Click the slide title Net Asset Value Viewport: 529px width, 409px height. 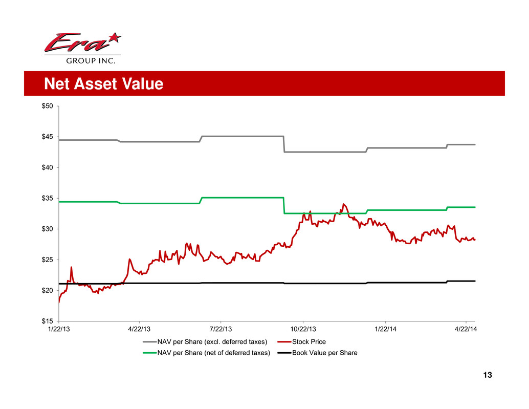[x=103, y=83]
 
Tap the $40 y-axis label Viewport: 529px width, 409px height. [x=49, y=167]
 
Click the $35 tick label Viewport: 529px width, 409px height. [x=49, y=198]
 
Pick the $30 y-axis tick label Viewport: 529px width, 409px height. [x=49, y=229]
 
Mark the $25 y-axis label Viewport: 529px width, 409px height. [x=49, y=260]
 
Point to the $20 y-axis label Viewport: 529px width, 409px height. [x=49, y=290]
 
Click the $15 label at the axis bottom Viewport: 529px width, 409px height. [x=49, y=321]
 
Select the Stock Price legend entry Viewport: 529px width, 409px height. [x=308, y=342]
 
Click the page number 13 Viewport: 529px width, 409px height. [x=487, y=376]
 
